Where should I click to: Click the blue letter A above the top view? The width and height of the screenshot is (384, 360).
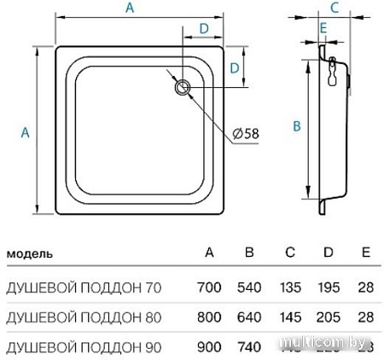click(x=129, y=9)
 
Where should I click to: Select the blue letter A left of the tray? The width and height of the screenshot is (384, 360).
click(x=25, y=131)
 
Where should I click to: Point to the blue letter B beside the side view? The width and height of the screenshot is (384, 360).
click(x=295, y=125)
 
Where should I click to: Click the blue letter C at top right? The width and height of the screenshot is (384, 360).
click(x=335, y=9)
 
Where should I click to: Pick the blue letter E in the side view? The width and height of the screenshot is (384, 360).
click(x=323, y=28)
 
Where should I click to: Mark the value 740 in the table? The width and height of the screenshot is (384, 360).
click(x=248, y=345)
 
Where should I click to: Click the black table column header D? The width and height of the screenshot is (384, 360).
click(x=330, y=253)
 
